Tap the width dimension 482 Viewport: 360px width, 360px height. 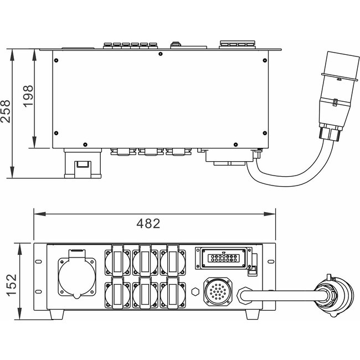148,224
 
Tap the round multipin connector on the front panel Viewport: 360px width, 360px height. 217,290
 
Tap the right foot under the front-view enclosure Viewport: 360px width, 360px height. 253,314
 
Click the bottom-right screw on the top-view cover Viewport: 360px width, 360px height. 263,133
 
